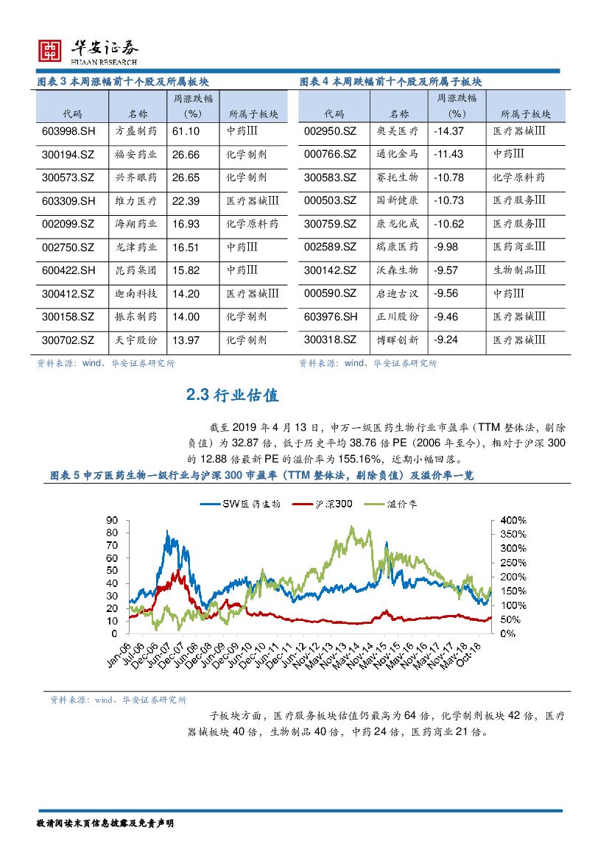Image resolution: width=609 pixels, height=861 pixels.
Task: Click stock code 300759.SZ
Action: pos(330,224)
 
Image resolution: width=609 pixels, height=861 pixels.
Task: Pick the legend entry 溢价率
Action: pos(395,504)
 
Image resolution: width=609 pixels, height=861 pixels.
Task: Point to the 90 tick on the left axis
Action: pos(113,518)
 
